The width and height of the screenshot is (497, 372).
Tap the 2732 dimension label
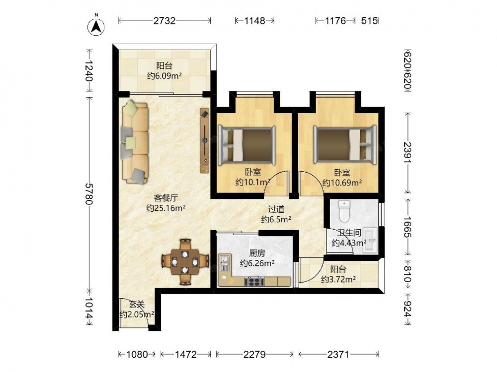164,21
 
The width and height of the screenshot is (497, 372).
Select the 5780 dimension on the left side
89,193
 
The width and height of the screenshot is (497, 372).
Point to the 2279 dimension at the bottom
254,354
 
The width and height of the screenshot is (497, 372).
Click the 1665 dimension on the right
408,227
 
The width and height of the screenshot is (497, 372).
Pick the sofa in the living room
135,142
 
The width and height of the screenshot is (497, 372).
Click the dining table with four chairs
185,262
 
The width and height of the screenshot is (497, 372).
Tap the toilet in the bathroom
343,211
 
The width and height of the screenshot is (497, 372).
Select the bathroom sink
370,240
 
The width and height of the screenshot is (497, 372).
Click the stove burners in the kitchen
254,281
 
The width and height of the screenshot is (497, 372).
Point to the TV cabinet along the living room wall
205,140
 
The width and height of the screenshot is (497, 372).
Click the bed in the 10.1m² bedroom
247,145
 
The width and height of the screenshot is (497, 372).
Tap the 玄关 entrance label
137,305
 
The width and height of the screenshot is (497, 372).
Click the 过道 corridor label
276,209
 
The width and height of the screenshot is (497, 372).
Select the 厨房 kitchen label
257,253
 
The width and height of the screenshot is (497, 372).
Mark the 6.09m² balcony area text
164,76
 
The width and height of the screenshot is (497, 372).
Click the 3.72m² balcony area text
338,279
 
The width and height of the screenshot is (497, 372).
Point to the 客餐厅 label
166,198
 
